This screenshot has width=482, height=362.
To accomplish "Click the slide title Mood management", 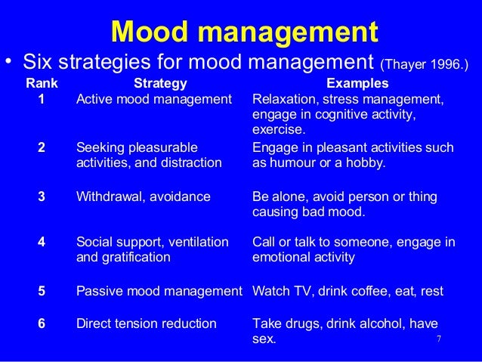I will (243, 32).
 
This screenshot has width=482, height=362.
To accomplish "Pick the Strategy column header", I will (159, 83).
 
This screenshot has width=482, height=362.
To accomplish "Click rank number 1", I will (42, 100).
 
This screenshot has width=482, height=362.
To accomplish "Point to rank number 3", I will (42, 196).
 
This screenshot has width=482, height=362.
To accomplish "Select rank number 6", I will (42, 323).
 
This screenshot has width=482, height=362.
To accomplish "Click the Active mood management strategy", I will (154, 100).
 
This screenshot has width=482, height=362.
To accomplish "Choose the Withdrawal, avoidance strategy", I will (144, 196).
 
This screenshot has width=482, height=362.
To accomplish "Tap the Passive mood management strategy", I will (159, 291).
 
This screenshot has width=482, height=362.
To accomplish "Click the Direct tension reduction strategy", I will (147, 323).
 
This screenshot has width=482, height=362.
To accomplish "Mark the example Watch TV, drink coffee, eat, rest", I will (348, 291).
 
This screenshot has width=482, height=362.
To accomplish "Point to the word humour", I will (293, 162).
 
